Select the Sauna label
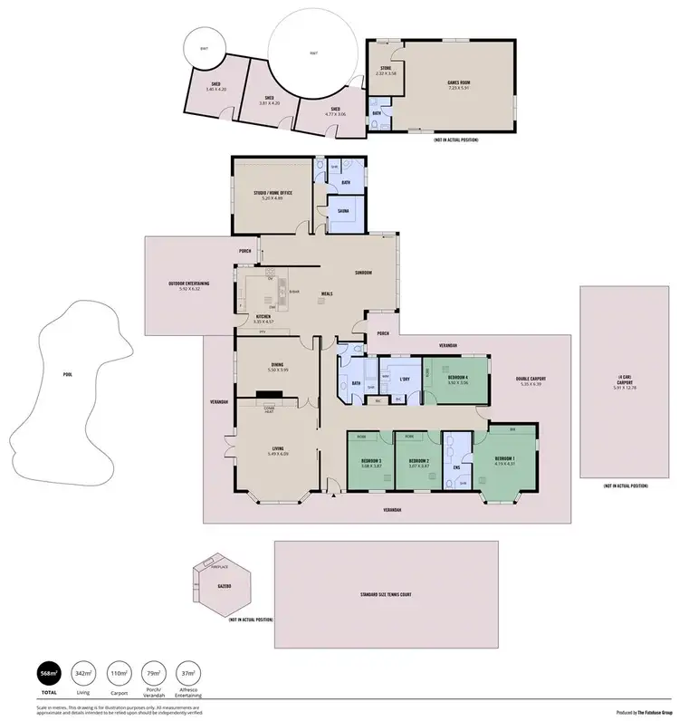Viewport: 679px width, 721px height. (x=345, y=209)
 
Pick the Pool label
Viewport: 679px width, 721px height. (x=67, y=373)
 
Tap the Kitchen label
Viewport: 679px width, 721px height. (x=263, y=316)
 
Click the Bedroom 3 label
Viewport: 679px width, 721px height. (x=369, y=462)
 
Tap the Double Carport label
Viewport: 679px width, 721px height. (x=531, y=379)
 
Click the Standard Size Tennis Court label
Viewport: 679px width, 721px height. (x=387, y=594)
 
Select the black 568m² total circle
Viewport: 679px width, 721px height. (x=48, y=673)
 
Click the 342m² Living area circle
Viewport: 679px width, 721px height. (x=83, y=673)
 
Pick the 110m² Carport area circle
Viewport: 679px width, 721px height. (x=119, y=673)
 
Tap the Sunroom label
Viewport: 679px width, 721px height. (x=362, y=273)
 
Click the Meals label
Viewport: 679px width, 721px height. (x=327, y=294)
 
